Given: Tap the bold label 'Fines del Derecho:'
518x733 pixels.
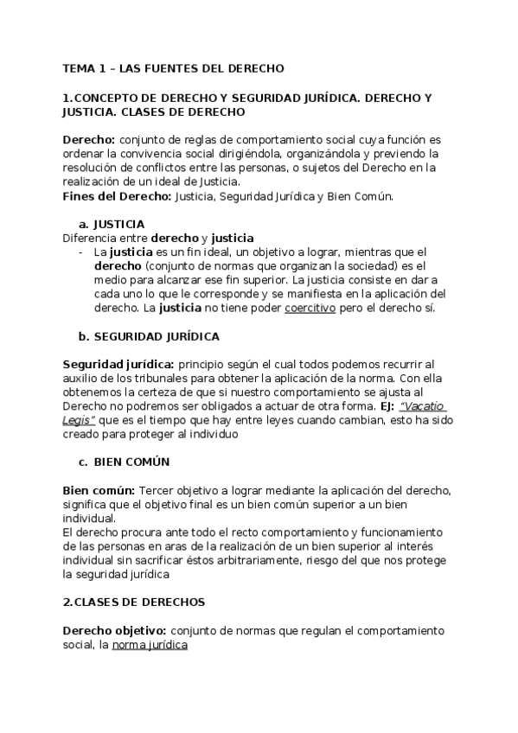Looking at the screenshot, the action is point(118,195).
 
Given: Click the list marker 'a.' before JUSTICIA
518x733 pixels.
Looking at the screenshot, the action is point(84,223).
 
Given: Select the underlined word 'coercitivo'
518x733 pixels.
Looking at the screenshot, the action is point(310,308).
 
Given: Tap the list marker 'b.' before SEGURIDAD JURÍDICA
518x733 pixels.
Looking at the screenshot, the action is point(84,335).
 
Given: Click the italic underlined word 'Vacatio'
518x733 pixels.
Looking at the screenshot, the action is point(425,406).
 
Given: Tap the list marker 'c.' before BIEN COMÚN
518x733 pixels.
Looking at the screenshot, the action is point(83,462).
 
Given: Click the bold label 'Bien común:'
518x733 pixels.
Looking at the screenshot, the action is point(99,490).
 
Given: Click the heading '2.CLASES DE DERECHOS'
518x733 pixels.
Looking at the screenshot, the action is point(133,602).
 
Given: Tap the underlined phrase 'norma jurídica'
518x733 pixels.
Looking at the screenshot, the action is point(150,645).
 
